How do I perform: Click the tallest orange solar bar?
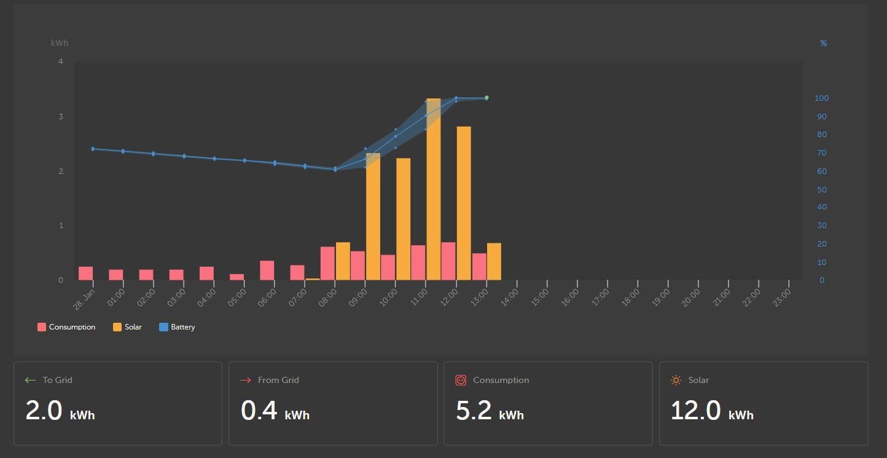[x=434, y=189]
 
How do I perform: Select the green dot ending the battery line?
[x=486, y=98]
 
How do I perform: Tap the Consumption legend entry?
[x=66, y=327]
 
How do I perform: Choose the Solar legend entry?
[x=127, y=327]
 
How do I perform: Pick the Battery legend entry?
[x=177, y=327]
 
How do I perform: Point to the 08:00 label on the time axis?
[x=327, y=298]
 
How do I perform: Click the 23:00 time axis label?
[x=782, y=298]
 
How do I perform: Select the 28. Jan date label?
[x=84, y=299]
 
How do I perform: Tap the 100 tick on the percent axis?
[x=822, y=98]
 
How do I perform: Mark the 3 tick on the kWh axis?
[x=61, y=116]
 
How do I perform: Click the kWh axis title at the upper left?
[x=60, y=43]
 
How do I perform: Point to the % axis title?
[x=824, y=43]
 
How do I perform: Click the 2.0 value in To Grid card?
[x=44, y=410]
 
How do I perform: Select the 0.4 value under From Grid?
[x=259, y=410]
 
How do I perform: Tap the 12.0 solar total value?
[x=696, y=410]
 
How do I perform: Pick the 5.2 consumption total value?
[x=474, y=410]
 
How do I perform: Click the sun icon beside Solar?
[x=676, y=381]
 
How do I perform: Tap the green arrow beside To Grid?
[x=31, y=381]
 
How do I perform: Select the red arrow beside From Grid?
[x=246, y=381]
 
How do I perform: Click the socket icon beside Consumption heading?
[x=461, y=381]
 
